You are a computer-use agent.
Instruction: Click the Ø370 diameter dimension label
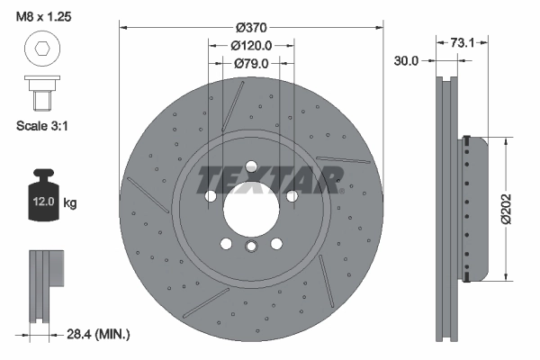pos(251,27)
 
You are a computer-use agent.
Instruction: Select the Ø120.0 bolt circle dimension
pos(251,45)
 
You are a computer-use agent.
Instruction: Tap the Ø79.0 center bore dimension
pos(251,63)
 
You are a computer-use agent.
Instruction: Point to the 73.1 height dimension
pos(462,41)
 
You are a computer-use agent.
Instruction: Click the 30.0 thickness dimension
pos(407,61)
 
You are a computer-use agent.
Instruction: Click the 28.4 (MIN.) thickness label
pos(100,335)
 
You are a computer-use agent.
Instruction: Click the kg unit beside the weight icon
pos(70,203)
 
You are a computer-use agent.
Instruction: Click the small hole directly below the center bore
pos(251,246)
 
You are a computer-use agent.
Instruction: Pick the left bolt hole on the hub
pos(211,194)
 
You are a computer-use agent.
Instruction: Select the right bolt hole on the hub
pos(291,194)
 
